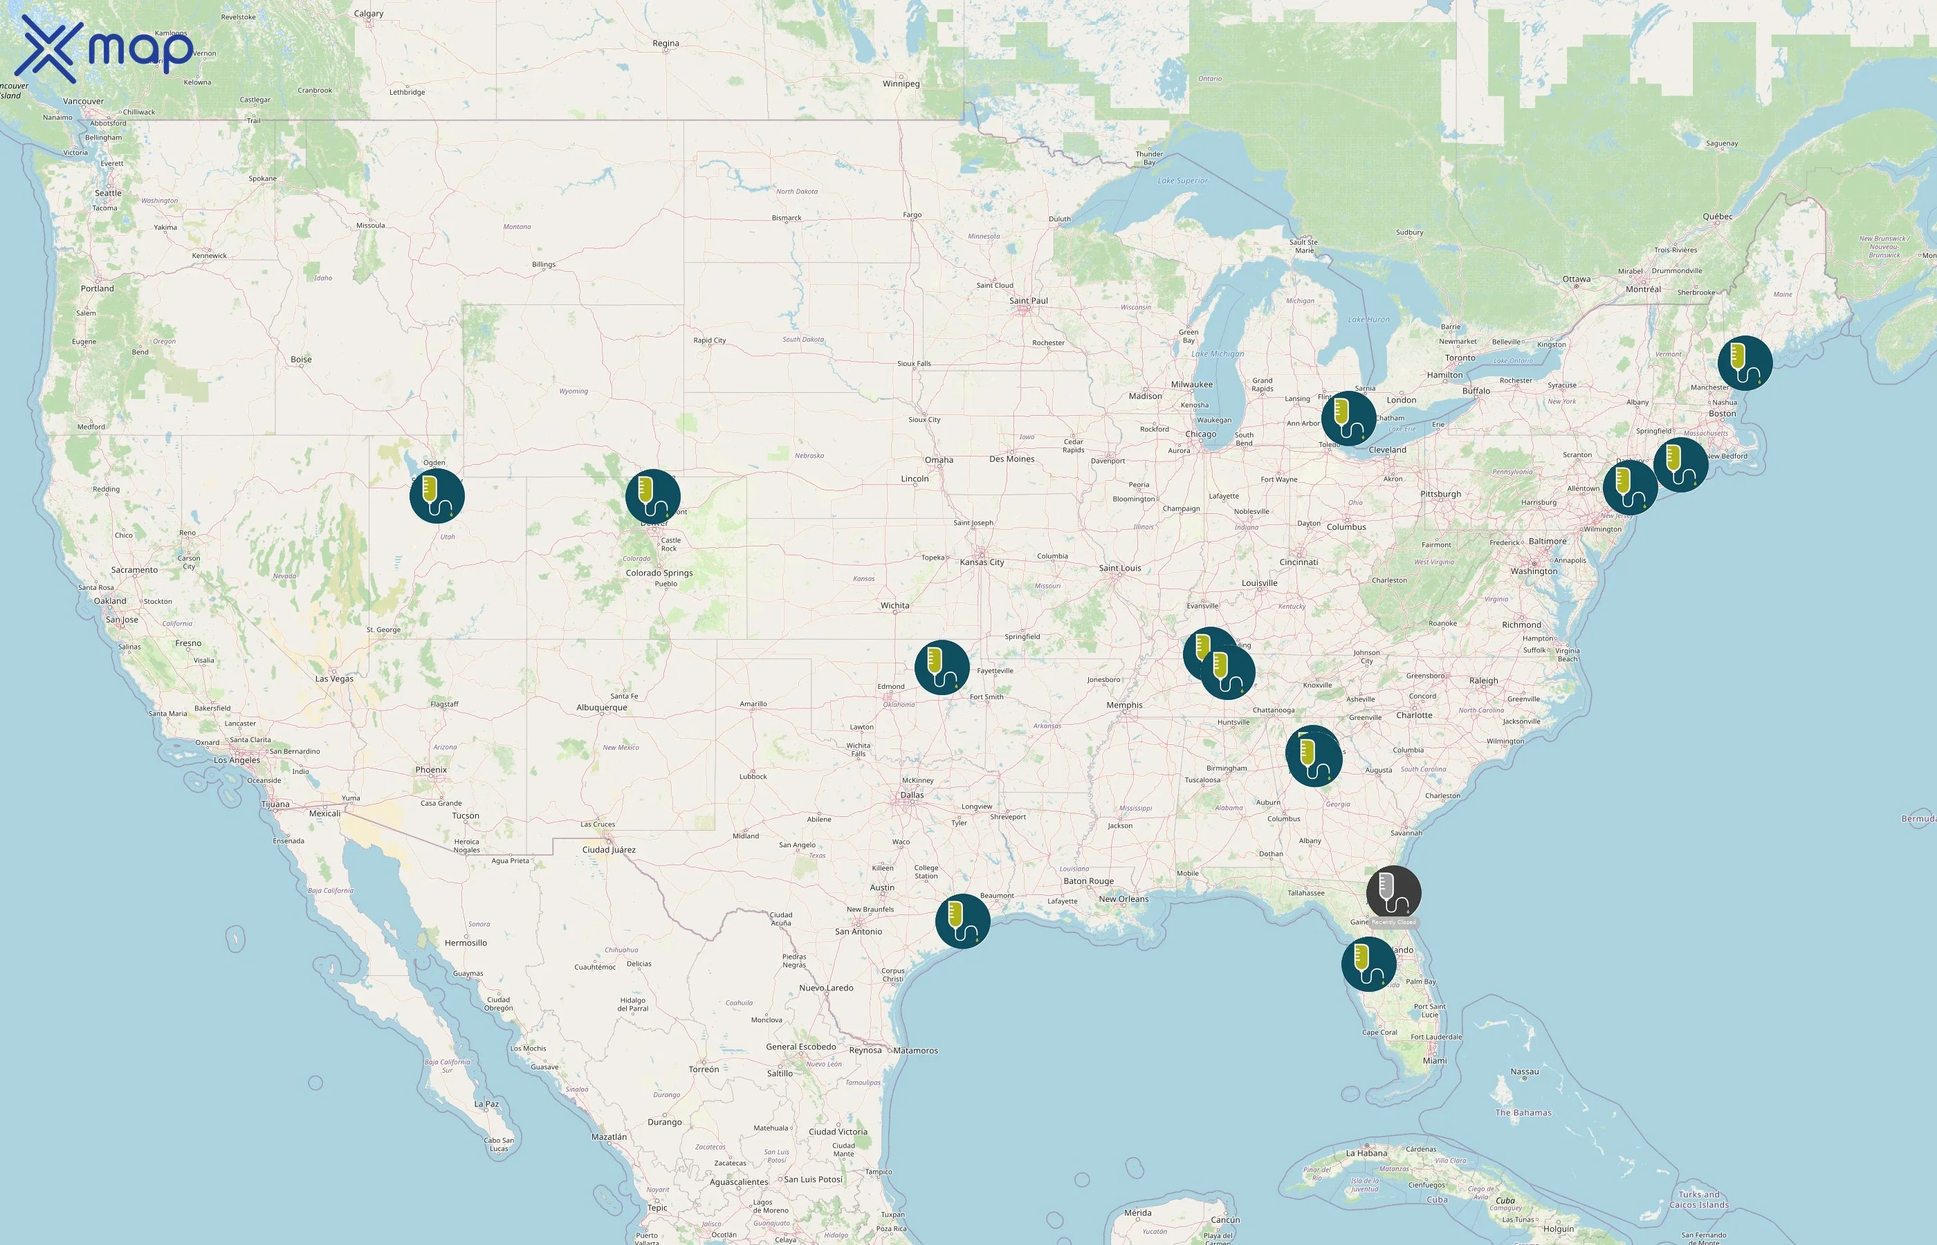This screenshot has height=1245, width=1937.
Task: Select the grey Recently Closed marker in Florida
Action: click(1393, 892)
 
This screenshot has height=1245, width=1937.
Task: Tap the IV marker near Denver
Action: click(652, 497)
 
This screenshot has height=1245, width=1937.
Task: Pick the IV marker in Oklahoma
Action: click(942, 667)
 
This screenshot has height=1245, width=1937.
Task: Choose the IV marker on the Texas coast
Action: click(962, 921)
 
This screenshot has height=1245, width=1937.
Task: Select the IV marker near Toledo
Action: click(1348, 418)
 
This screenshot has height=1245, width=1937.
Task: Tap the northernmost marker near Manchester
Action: click(1745, 363)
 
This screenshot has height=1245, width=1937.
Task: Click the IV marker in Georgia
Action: click(1314, 757)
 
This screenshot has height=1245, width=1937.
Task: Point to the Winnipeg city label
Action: click(901, 83)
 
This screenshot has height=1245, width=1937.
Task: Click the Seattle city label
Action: click(109, 193)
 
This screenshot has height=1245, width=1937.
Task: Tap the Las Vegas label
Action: click(334, 679)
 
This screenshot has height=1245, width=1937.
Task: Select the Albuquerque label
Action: click(601, 708)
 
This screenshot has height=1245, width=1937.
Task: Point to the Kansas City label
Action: click(982, 562)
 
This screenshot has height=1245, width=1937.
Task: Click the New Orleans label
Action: click(1123, 899)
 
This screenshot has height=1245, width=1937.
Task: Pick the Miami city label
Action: click(1434, 1061)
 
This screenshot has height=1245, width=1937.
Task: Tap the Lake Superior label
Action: click(1182, 181)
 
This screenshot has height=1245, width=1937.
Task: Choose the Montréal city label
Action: click(1643, 289)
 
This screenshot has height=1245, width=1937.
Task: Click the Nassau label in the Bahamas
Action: click(1524, 1072)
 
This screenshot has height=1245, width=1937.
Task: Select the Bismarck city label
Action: click(786, 217)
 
